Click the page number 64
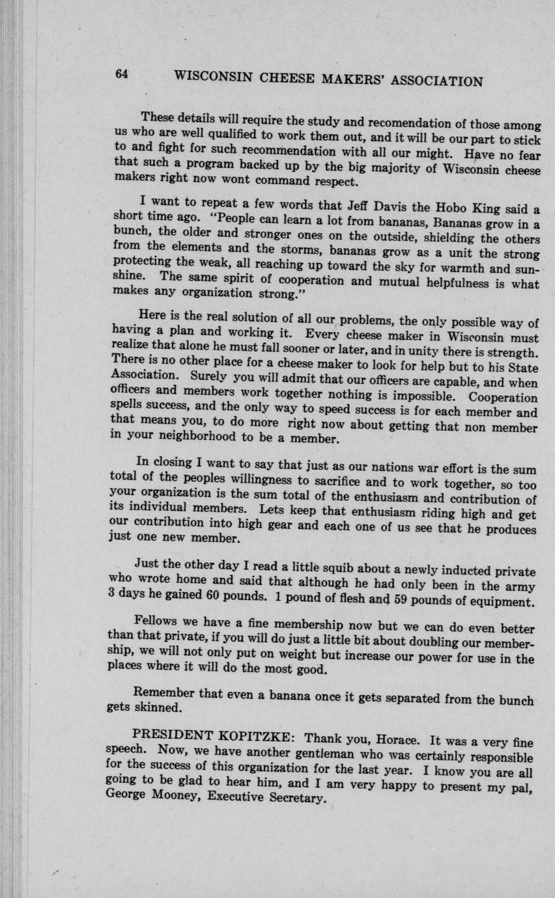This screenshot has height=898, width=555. pyautogui.click(x=122, y=74)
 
